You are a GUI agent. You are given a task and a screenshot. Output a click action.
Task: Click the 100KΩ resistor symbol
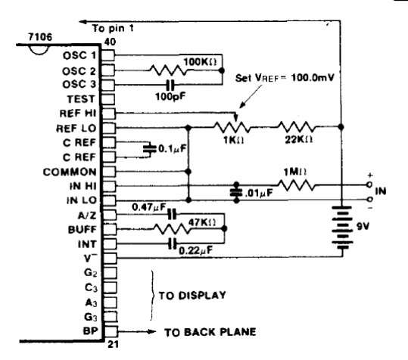[x=168, y=70]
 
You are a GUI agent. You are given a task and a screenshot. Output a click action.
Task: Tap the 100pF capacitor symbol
[x=170, y=85]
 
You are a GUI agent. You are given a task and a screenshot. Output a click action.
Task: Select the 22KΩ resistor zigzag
[x=296, y=127]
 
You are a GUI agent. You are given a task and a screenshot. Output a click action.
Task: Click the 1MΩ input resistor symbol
[x=296, y=185]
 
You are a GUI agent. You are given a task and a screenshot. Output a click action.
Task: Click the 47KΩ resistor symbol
[x=173, y=229]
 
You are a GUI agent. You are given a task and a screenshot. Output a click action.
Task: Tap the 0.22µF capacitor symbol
[x=173, y=244]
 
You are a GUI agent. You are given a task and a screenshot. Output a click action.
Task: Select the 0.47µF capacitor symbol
[x=172, y=215]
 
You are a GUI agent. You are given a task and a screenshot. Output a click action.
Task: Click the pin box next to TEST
[x=108, y=99]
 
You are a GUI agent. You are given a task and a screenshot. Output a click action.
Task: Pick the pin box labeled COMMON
[x=108, y=172]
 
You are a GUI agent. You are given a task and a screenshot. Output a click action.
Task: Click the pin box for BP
[x=111, y=332]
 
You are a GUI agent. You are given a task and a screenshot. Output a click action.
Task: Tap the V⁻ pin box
[x=110, y=259]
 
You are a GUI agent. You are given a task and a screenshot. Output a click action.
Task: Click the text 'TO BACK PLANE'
[x=210, y=332]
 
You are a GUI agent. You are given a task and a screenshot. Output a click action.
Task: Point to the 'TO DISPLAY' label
[x=192, y=296]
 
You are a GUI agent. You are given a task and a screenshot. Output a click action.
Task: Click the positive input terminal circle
[x=369, y=185]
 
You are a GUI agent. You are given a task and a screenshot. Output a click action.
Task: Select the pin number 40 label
[x=110, y=42]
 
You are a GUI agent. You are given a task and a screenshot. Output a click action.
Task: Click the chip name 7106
[x=40, y=37]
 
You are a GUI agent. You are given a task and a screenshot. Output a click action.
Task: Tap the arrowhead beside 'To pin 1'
[x=83, y=22]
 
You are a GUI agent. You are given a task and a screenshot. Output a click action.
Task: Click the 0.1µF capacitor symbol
[x=150, y=149]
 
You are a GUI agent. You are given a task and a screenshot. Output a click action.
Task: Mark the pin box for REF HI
[x=108, y=113]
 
